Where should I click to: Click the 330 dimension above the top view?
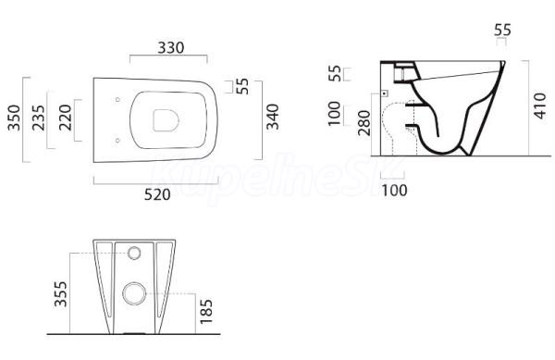tap(171, 48)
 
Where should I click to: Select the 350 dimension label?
tap(15, 118)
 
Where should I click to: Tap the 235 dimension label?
tap(39, 118)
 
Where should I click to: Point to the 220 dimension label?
tap(66, 118)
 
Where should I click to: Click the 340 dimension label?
tap(273, 117)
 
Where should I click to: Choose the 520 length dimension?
tap(157, 194)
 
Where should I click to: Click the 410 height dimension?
tap(540, 106)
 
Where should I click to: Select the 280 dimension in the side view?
tap(364, 123)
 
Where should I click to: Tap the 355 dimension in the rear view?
tap(60, 293)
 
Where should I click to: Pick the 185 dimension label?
tap(206, 312)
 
